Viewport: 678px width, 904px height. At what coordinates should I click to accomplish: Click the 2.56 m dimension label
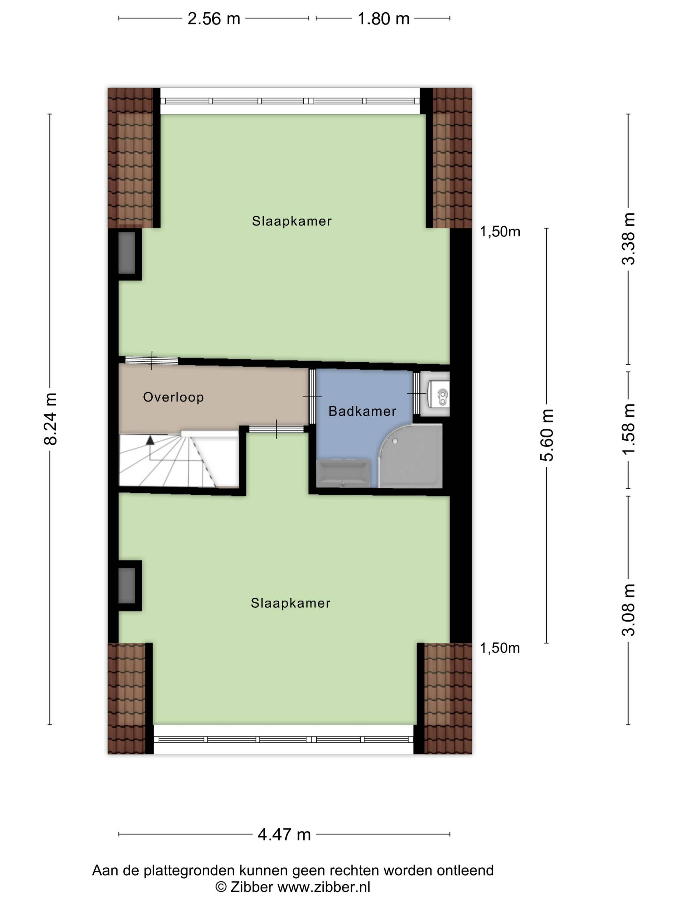(214, 19)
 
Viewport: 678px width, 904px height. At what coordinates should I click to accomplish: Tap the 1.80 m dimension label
(383, 19)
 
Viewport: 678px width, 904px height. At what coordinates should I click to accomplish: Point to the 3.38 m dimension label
(629, 239)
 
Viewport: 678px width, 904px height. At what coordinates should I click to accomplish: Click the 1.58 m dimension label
(629, 429)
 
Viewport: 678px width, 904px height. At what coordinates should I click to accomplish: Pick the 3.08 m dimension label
(629, 610)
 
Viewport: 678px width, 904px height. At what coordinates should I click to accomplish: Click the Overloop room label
(173, 397)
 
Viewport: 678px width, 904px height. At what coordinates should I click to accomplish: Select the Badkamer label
(363, 411)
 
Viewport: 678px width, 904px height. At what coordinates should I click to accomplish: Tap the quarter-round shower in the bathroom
(411, 456)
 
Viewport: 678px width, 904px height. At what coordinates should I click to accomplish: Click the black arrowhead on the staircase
(150, 440)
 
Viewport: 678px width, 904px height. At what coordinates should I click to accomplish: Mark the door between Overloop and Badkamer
(312, 397)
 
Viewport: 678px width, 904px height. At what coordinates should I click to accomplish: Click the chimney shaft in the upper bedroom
(127, 252)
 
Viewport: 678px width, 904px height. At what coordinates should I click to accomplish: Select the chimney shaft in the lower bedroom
(127, 585)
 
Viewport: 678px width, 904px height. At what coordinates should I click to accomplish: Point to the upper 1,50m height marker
(500, 232)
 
